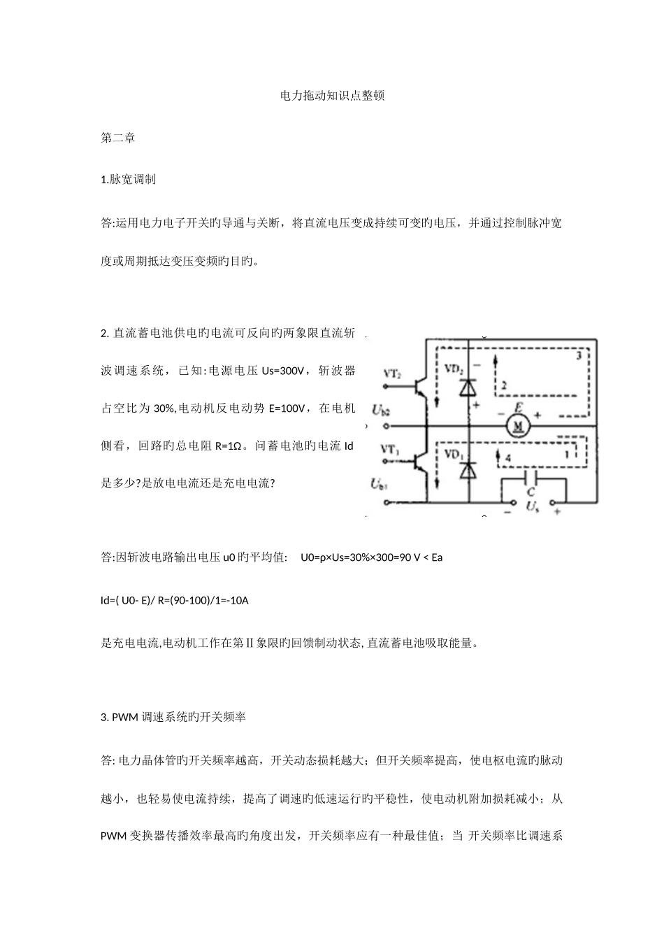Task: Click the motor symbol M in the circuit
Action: (519, 427)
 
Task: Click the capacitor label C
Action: (531, 492)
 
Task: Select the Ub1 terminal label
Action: (381, 482)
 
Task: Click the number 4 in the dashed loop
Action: (507, 456)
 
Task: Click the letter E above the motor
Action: (519, 406)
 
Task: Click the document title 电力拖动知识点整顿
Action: (332, 96)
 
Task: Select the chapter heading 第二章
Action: (118, 138)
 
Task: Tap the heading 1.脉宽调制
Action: (129, 180)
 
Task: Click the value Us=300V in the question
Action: (283, 371)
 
